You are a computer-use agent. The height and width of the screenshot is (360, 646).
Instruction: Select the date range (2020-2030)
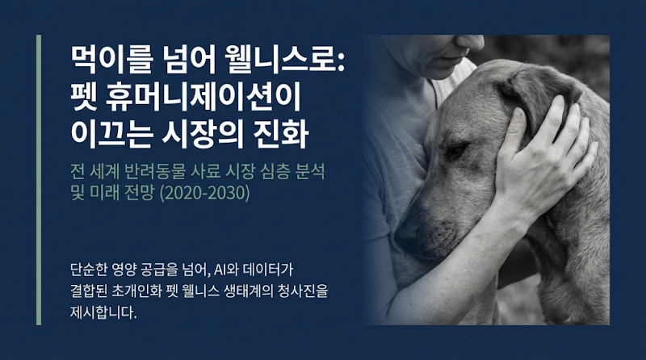[x=200, y=194]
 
